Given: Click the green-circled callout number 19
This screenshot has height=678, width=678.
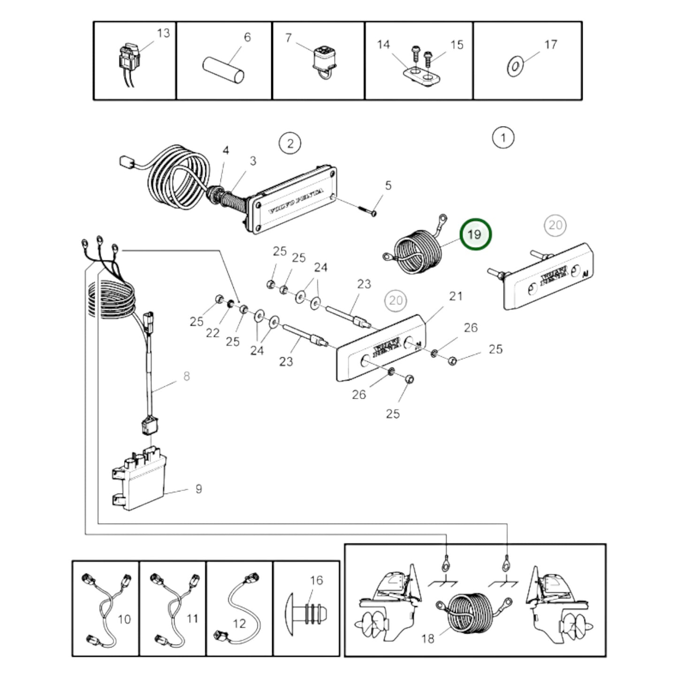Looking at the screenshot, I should click(475, 234).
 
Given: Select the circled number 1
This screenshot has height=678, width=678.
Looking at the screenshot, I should click(503, 138).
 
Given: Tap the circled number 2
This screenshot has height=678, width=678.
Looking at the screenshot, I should click(290, 143).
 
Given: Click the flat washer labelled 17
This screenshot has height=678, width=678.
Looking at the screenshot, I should click(515, 66).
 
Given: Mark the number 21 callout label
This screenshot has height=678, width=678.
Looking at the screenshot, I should click(456, 297).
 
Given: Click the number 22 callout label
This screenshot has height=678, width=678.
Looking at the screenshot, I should click(213, 333).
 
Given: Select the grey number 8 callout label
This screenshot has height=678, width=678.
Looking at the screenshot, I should click(186, 376).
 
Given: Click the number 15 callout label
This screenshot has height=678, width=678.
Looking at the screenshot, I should click(457, 45).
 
